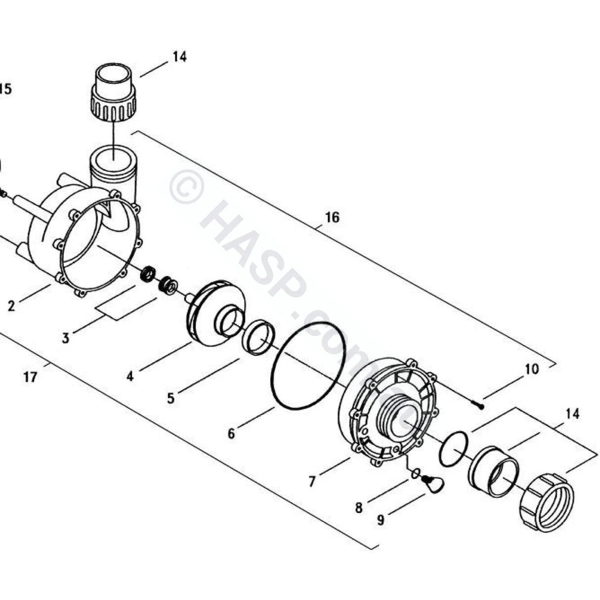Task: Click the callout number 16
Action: [332, 217]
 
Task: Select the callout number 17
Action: [30, 377]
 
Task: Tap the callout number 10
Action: [531, 369]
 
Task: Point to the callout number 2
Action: [11, 306]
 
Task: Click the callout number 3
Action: [65, 338]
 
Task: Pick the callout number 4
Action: [129, 376]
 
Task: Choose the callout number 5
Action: [171, 398]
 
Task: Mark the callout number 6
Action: [231, 433]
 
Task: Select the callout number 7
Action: [311, 481]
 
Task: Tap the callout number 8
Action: [359, 507]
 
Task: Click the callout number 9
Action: [380, 520]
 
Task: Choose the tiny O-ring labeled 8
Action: [416, 473]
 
